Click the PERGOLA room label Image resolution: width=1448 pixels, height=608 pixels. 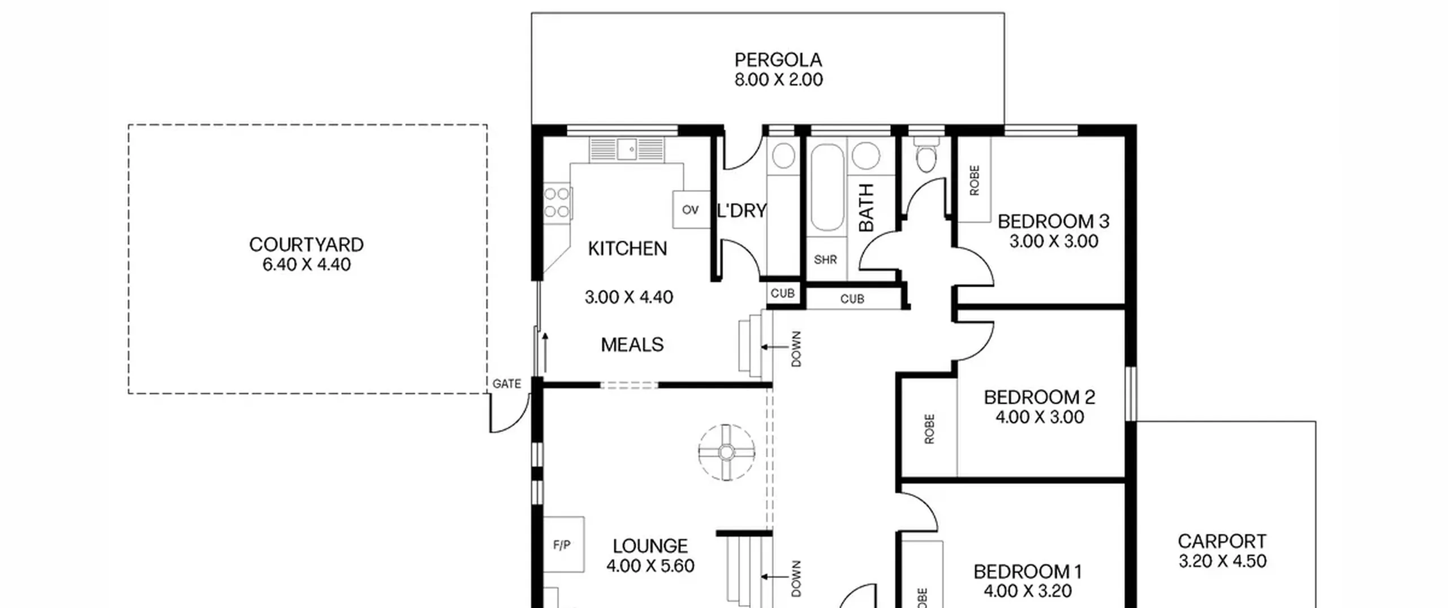(778, 59)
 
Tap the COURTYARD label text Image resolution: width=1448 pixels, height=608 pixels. (307, 244)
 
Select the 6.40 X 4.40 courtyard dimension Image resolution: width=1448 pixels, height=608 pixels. (307, 264)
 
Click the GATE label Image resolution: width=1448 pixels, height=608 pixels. (507, 383)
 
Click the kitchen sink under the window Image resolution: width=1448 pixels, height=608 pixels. (627, 150)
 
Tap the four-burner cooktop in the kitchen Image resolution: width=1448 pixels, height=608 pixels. (557, 202)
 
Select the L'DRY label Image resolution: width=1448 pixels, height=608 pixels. (742, 210)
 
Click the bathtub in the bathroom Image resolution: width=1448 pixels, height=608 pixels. (827, 188)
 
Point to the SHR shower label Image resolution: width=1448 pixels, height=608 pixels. (825, 260)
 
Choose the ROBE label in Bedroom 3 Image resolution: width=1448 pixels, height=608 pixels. (974, 180)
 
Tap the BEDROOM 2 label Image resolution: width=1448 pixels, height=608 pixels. (1040, 397)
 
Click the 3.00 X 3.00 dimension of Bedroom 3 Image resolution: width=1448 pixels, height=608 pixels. (1054, 241)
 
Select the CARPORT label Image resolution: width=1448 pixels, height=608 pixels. (1222, 541)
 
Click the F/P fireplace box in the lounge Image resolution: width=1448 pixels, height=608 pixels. (563, 545)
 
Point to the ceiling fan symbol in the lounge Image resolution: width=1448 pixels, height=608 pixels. (727, 452)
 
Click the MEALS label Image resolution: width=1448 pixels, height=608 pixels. (632, 344)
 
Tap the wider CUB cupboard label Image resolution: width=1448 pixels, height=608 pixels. (852, 299)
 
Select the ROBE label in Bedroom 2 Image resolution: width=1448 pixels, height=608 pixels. (929, 429)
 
